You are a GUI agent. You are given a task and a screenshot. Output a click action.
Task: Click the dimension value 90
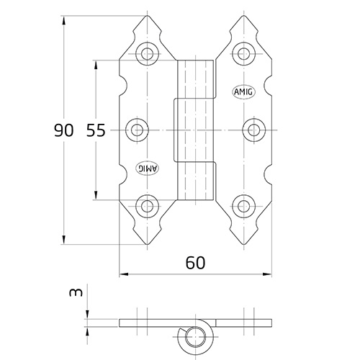pos(63,130)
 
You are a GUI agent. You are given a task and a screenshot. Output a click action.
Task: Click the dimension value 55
pos(96,130)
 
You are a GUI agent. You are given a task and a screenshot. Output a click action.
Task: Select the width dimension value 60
pos(196,263)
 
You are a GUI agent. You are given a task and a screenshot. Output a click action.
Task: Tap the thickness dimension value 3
pos(76,292)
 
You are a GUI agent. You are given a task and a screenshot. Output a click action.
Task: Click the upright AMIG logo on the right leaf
pos(243,92)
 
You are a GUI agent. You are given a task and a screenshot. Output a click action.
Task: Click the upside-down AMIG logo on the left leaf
pos(148,168)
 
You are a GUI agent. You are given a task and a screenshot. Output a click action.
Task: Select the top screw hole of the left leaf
pos(147,53)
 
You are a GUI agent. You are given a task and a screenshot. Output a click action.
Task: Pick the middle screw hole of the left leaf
pos(137,130)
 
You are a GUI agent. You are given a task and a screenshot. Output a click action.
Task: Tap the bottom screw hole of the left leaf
pos(147,206)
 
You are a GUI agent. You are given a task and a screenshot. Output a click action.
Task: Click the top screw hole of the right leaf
pos(244,53)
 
